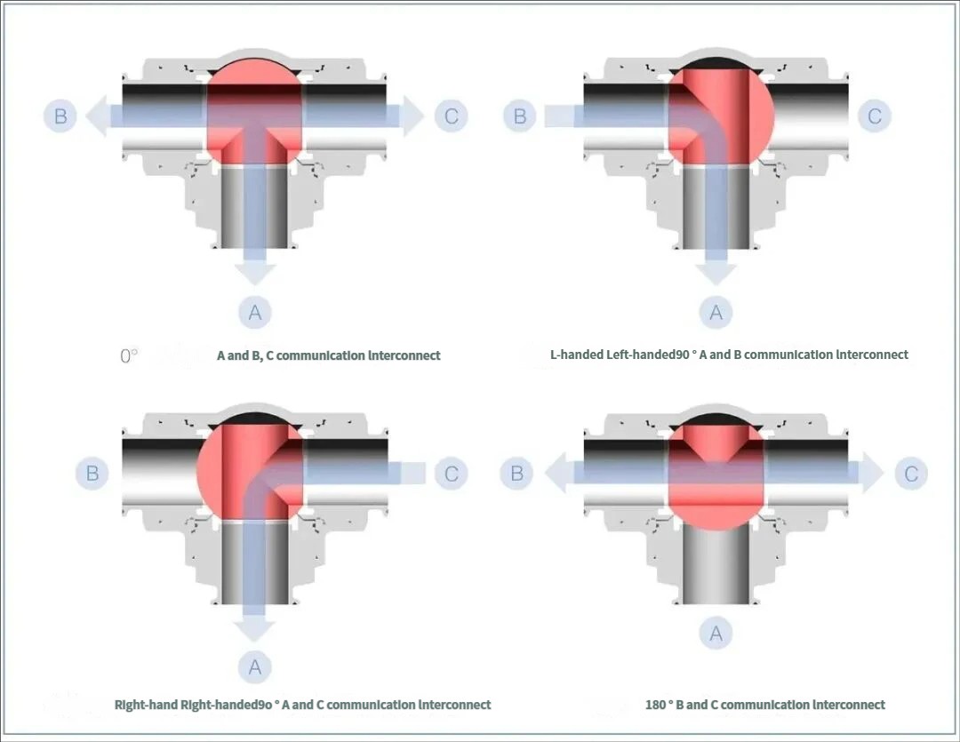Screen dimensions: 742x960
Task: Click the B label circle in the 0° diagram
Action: tap(60, 116)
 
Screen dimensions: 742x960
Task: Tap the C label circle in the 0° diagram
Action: tap(452, 116)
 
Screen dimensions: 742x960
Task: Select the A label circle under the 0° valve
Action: tap(255, 313)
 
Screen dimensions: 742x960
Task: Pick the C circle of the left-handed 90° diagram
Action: tap(875, 116)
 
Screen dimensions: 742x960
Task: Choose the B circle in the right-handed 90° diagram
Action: tap(92, 474)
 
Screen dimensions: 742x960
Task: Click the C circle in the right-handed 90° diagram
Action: tap(452, 474)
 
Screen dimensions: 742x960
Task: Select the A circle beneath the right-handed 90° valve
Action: tap(255, 666)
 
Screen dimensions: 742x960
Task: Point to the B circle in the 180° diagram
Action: tap(517, 474)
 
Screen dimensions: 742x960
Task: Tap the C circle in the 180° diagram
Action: tap(911, 474)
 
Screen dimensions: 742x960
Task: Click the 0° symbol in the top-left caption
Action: tap(129, 355)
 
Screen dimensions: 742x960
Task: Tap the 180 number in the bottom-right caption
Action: tap(656, 705)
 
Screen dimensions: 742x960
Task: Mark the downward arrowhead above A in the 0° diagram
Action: tap(255, 273)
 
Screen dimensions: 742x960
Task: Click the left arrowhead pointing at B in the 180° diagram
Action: tap(558, 474)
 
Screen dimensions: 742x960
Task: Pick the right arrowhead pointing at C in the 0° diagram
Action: tap(411, 116)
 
